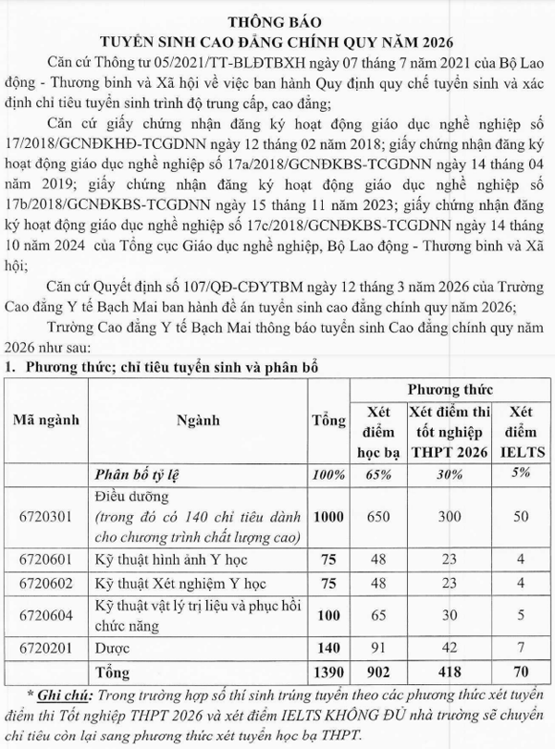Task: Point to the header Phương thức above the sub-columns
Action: (450, 390)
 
